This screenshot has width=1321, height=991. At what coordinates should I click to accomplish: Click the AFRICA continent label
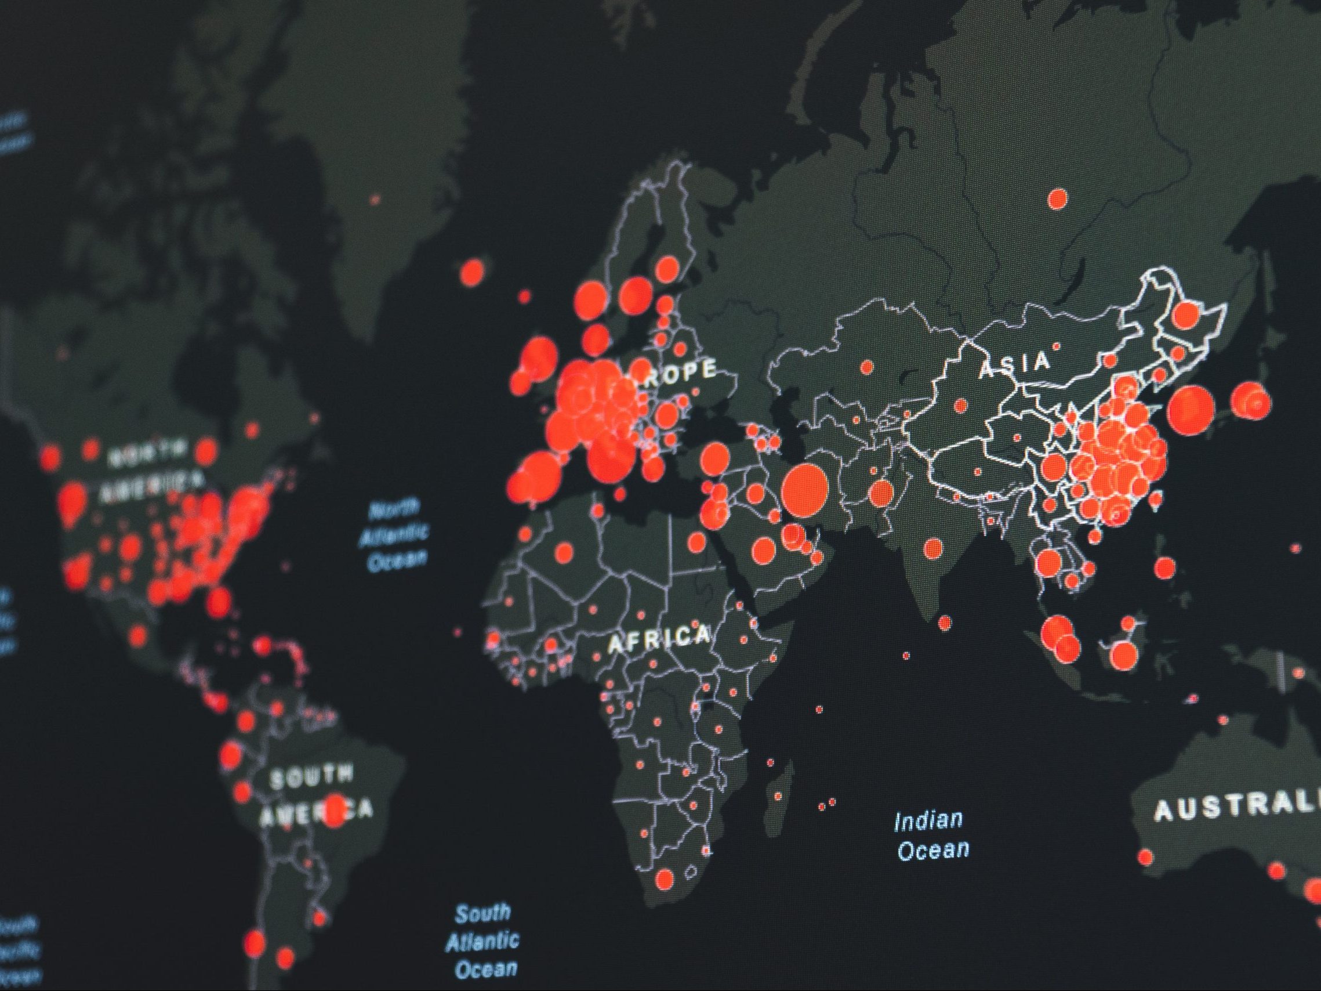pyautogui.click(x=659, y=639)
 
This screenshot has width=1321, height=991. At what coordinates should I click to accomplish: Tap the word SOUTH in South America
pyautogui.click(x=311, y=776)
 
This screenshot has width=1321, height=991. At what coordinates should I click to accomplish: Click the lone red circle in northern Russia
pyautogui.click(x=1058, y=198)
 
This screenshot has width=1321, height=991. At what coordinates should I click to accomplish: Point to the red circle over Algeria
pyautogui.click(x=563, y=552)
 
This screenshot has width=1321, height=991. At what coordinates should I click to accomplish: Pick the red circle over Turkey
pyautogui.click(x=714, y=458)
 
